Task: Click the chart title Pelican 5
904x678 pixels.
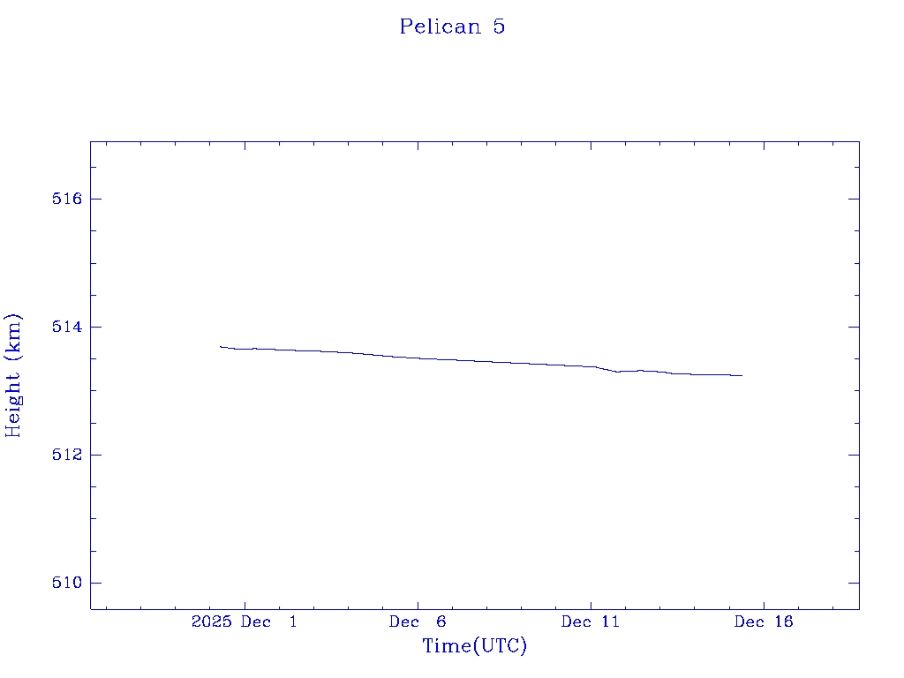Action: click(x=452, y=26)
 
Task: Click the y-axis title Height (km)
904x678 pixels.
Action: click(x=13, y=375)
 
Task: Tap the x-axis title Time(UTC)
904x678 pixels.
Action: click(x=474, y=646)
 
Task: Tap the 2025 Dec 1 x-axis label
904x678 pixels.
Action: click(x=245, y=622)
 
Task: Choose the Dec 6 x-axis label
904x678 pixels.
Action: click(x=418, y=622)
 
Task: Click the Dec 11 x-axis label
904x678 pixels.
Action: click(x=591, y=622)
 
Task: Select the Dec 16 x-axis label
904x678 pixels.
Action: click(x=764, y=622)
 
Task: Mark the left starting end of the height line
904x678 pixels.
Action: click(x=221, y=346)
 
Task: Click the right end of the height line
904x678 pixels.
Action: click(x=742, y=375)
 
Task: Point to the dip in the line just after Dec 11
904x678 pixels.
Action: click(x=618, y=372)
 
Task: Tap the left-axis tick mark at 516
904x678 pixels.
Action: click(x=95, y=199)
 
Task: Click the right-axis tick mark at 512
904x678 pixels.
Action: click(x=854, y=455)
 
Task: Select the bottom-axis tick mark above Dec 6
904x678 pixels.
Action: click(x=418, y=604)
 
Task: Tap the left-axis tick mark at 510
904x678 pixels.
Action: click(x=95, y=583)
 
